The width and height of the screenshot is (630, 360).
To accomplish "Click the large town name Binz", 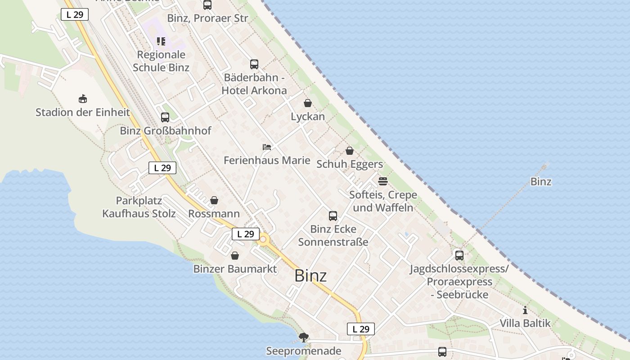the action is point(310,276).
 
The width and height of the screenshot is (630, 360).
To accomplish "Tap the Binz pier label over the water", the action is point(541,182).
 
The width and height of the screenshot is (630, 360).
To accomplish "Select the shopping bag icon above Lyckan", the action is point(308,103).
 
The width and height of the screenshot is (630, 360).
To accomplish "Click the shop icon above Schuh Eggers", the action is point(350,151).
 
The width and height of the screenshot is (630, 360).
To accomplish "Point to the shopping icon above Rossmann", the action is point(214,200).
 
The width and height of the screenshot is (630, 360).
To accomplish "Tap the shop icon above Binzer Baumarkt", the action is point(235,256).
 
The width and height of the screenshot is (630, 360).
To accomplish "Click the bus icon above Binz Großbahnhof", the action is point(165,117).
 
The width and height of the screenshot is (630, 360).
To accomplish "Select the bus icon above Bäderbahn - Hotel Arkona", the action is point(254,64).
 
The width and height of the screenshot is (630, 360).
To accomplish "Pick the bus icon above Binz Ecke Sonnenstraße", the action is point(333,216).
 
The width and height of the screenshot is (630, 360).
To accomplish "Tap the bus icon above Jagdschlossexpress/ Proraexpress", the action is point(459,256).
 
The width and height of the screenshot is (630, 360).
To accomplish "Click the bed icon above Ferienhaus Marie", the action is point(267,147).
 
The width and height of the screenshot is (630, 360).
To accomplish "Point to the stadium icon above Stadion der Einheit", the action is point(83,99).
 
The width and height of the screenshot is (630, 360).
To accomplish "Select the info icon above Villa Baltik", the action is point(525,310).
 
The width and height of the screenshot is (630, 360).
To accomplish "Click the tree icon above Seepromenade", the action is point(304,337).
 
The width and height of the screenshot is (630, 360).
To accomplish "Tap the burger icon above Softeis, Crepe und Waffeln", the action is point(383,181).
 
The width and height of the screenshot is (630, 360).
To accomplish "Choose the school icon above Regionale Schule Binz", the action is point(161,41).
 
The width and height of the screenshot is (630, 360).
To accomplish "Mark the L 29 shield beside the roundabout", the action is point(246,234).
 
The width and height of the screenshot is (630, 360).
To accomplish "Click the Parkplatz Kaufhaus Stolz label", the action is point(139,207).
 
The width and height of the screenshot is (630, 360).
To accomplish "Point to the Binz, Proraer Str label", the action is point(207,18).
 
